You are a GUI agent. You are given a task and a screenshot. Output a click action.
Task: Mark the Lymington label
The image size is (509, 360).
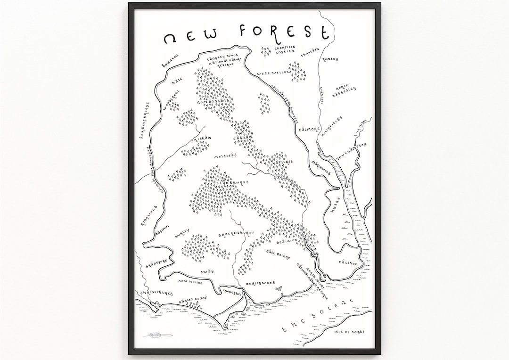coord(233,293)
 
